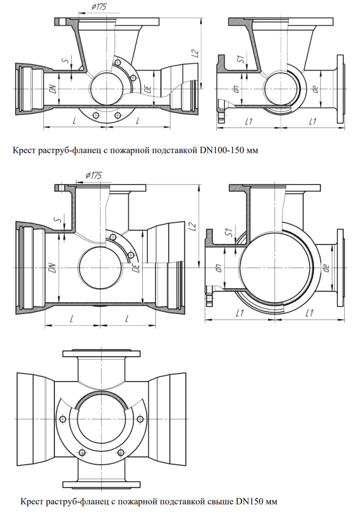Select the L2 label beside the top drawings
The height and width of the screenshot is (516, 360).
click(x=196, y=52)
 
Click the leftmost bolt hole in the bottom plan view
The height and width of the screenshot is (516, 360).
click(x=63, y=420)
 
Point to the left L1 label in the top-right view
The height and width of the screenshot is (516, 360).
click(x=248, y=121)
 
